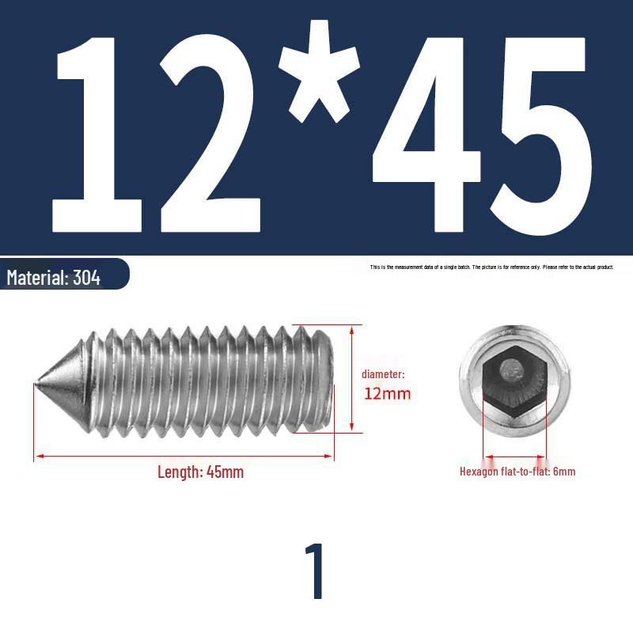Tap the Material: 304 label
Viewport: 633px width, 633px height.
pyautogui.click(x=54, y=278)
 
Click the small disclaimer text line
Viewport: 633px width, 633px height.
pyautogui.click(x=491, y=267)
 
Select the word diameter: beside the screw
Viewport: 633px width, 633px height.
pyautogui.click(x=383, y=374)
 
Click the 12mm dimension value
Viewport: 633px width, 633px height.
pyautogui.click(x=387, y=393)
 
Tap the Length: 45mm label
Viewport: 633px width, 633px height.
pyautogui.click(x=200, y=472)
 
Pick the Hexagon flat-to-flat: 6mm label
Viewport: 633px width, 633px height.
pyautogui.click(x=517, y=472)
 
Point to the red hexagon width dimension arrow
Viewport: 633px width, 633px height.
pyautogui.click(x=514, y=457)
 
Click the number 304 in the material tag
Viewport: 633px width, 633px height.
pyautogui.click(x=86, y=278)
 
